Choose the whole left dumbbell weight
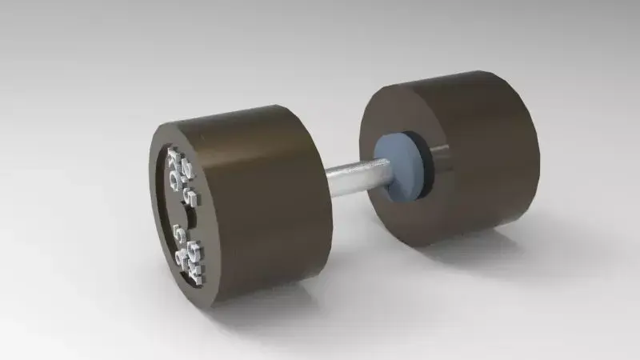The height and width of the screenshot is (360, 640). (240, 204)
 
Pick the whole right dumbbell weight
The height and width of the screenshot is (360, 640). (452, 156)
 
